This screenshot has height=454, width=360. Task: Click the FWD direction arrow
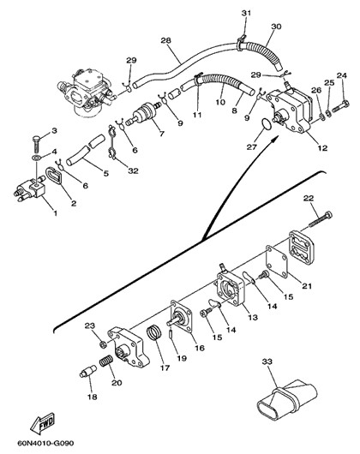click(x=42, y=423)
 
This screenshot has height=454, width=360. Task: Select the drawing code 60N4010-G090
click(x=45, y=443)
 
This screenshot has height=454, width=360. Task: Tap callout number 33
click(x=267, y=361)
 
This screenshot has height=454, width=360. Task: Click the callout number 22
click(x=309, y=198)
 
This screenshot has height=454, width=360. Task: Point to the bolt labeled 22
click(x=321, y=219)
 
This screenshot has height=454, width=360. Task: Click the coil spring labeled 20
click(x=105, y=361)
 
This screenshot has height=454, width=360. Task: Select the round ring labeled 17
click(x=154, y=332)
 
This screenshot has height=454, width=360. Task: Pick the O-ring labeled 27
click(x=267, y=123)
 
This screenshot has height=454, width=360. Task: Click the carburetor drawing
click(x=87, y=92)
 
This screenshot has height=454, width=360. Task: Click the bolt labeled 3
click(x=36, y=145)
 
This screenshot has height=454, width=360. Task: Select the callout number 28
click(x=166, y=40)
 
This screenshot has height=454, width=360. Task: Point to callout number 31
click(x=246, y=13)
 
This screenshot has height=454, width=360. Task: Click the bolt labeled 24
click(x=340, y=106)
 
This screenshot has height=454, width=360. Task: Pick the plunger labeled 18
click(x=87, y=372)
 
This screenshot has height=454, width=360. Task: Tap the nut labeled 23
click(x=103, y=344)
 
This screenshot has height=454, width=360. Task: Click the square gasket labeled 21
click(x=277, y=261)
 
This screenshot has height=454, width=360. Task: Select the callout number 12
click(x=322, y=148)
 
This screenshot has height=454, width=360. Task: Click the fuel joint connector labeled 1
click(x=30, y=189)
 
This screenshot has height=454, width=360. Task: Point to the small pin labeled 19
click(x=171, y=333)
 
